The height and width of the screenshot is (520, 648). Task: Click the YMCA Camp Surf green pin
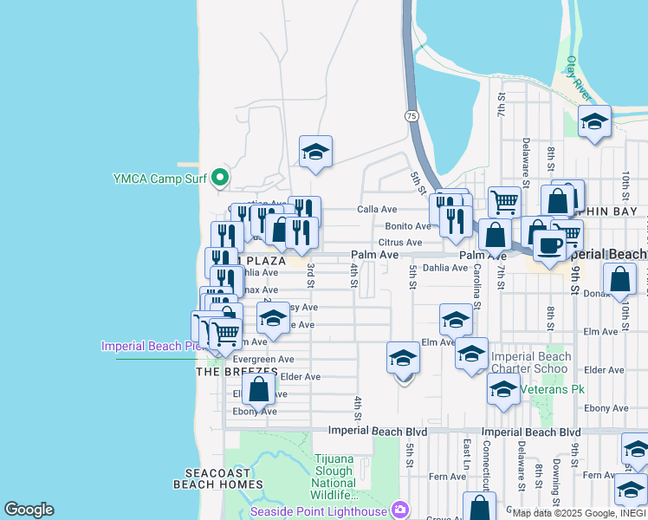pyautogui.click(x=220, y=179)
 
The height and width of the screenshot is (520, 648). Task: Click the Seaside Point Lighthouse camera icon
pyautogui.click(x=399, y=510)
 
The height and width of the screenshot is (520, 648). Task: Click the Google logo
pyautogui.click(x=29, y=510)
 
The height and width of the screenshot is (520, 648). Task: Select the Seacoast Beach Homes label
pyautogui.click(x=217, y=479)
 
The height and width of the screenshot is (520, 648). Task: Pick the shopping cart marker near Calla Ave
pyautogui.click(x=504, y=203)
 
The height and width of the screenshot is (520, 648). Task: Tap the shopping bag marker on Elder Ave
pyautogui.click(x=258, y=389)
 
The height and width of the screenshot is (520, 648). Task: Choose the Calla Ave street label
pyautogui.click(x=377, y=209)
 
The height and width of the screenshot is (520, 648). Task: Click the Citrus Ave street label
pyautogui.click(x=399, y=243)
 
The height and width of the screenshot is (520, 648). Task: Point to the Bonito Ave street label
pyautogui.click(x=407, y=226)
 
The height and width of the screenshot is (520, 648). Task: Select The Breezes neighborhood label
pyautogui.click(x=237, y=372)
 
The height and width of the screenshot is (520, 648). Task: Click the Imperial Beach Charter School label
pyautogui.click(x=531, y=362)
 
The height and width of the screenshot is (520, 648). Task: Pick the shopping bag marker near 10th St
pyautogui.click(x=619, y=280)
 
